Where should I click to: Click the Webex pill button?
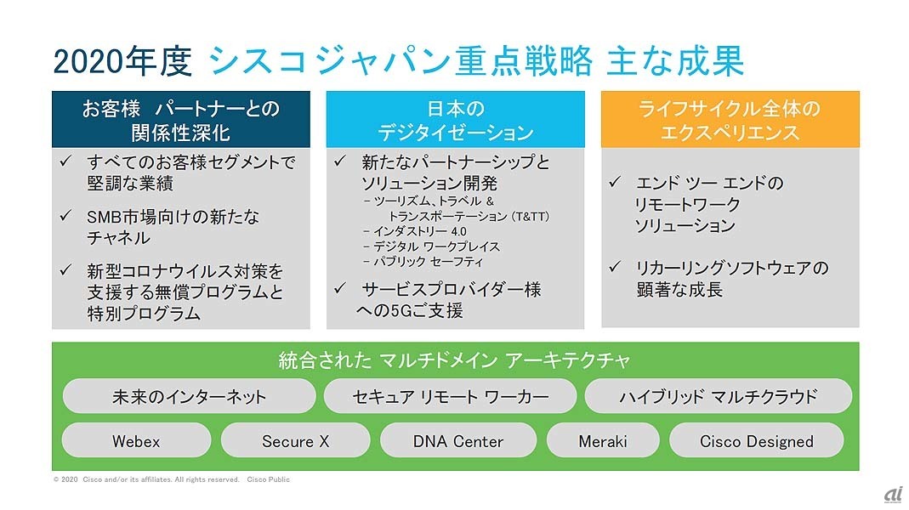point(136,441)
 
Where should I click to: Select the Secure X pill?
point(295,441)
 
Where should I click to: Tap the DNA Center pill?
point(457,441)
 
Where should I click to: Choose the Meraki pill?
point(603,441)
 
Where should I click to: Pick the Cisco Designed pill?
point(756,441)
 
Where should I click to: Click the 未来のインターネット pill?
point(190,396)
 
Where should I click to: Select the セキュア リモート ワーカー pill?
point(451,396)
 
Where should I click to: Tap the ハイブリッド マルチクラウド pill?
point(718,396)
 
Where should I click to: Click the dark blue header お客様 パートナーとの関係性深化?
point(181,120)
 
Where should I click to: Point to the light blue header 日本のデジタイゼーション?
point(456,120)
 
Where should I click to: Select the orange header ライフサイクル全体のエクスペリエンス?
point(730,120)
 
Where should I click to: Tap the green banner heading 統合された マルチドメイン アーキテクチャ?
point(455,360)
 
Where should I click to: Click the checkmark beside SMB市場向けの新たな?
point(66,217)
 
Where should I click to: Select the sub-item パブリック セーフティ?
point(423,262)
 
